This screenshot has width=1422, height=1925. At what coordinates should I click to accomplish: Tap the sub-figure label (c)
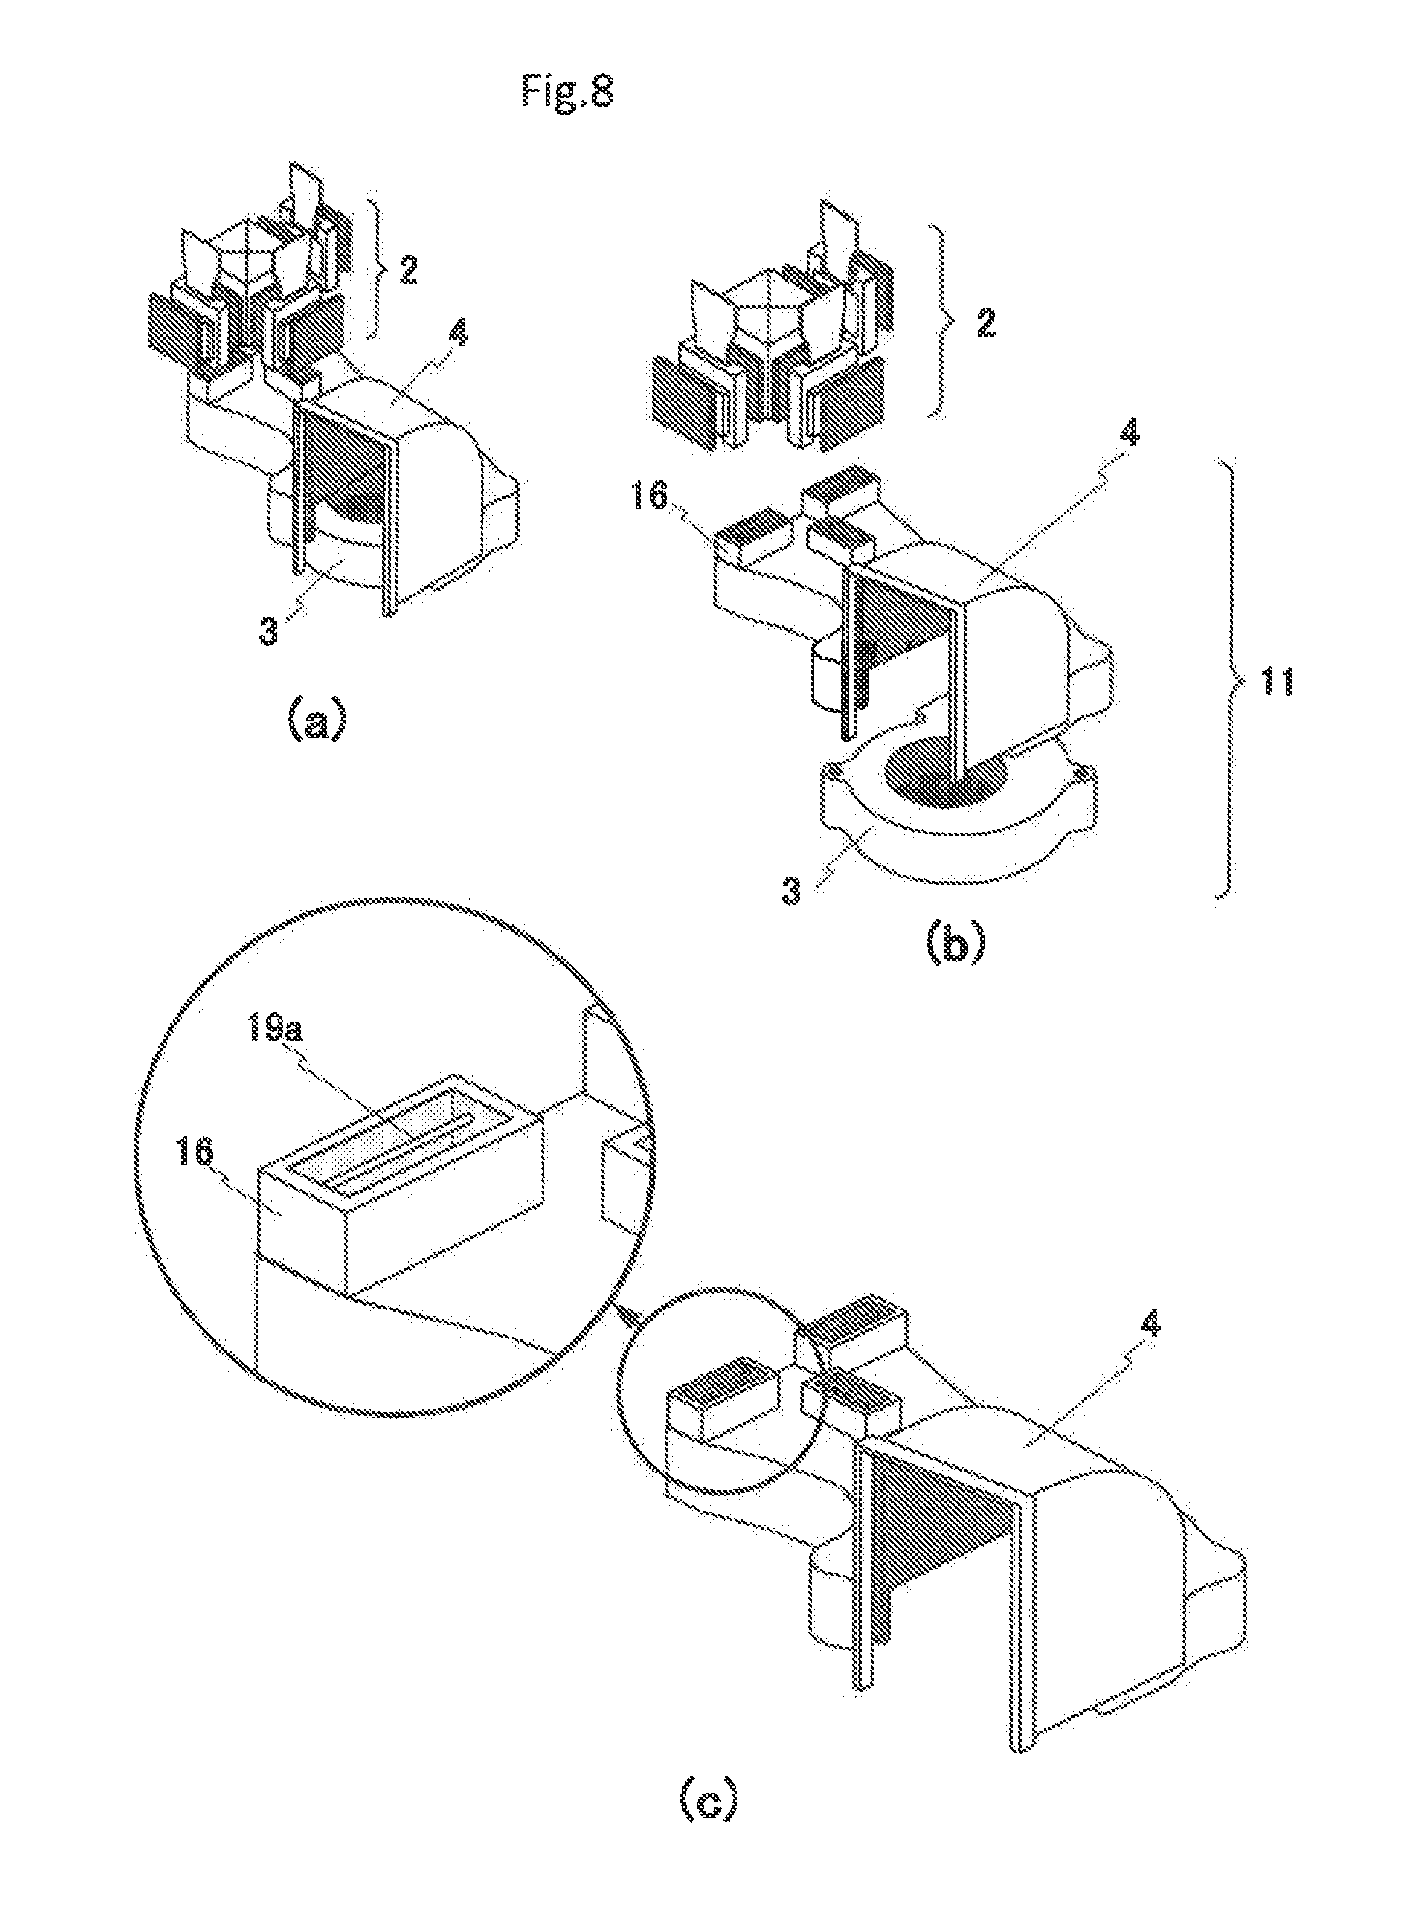pyautogui.click(x=708, y=1823)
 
